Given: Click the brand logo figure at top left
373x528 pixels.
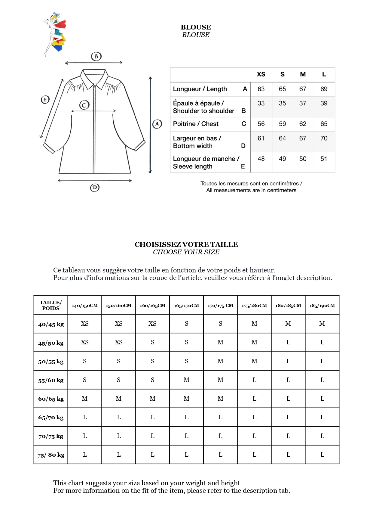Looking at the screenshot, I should (55, 34).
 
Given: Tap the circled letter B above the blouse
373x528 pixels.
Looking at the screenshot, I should (96, 56).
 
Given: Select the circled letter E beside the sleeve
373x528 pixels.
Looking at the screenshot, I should (45, 100).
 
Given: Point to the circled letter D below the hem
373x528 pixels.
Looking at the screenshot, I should (95, 188).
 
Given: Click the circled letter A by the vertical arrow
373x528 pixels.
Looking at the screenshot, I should (157, 124).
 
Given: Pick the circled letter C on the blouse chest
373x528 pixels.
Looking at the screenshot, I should (84, 105).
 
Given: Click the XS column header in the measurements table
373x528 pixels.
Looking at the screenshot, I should (261, 74).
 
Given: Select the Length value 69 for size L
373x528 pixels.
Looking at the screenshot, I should (324, 89).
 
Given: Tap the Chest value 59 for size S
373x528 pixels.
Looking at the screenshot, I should (282, 124).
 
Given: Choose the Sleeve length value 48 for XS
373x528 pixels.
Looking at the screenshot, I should (261, 159).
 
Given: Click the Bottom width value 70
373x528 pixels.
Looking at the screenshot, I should (324, 138).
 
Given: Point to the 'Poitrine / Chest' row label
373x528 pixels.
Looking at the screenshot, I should (196, 124).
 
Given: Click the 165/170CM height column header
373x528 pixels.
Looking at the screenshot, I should (186, 306).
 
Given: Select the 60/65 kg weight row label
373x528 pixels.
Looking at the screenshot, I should (51, 399).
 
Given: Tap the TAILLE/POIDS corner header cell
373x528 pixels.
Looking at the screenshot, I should (51, 305).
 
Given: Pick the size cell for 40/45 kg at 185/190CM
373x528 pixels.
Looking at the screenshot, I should (322, 324).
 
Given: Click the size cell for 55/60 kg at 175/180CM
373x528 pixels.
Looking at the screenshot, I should (254, 380).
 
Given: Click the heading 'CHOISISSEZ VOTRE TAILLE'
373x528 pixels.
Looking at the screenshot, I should (186, 244).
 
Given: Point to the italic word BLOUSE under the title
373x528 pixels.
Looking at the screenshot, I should (196, 35).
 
